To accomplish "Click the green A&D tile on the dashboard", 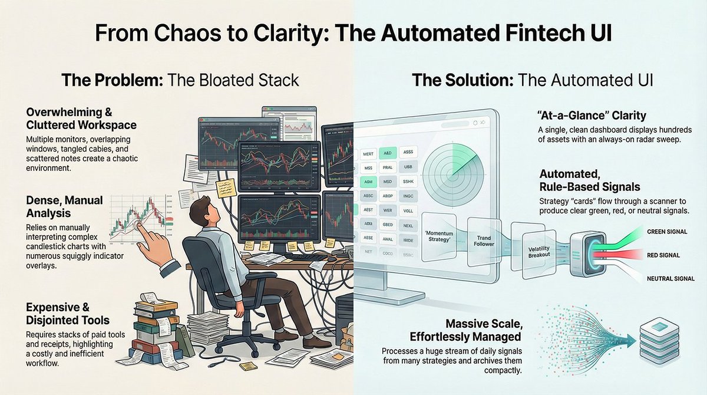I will pyautogui.click(x=388, y=152).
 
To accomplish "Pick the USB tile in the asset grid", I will pyautogui.click(x=409, y=167).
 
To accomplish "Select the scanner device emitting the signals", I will pyautogui.click(x=583, y=254).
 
